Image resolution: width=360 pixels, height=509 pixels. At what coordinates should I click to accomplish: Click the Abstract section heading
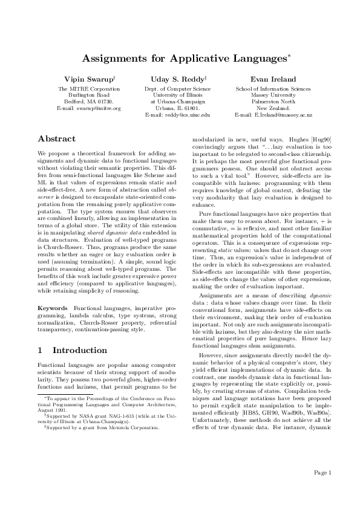pos(56,138)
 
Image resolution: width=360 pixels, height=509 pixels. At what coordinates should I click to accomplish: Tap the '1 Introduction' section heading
pos(72,350)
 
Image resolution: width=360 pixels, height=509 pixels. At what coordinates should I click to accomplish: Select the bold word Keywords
pos(53,308)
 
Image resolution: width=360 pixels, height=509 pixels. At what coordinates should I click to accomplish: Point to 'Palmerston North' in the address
pos(273,102)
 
